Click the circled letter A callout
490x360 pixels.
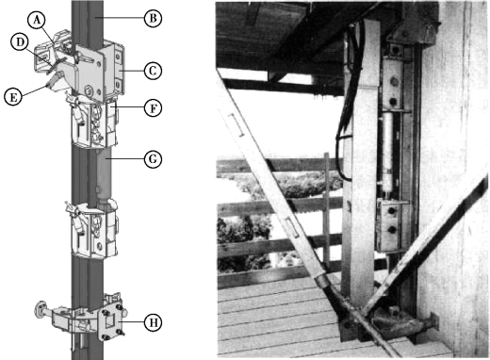(37, 21)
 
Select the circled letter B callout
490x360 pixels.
(153, 18)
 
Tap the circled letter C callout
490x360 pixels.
(153, 71)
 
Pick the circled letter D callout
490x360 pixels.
(20, 42)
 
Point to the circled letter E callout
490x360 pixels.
(13, 96)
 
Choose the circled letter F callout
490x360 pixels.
(153, 108)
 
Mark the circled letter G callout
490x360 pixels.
(153, 159)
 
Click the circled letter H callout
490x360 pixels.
(153, 321)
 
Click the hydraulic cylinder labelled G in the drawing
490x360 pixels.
(105, 176)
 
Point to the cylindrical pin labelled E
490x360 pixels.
(54, 80)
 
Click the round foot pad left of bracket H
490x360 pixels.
(40, 309)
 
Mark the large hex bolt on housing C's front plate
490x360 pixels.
(89, 90)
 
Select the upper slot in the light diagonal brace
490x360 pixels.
(237, 125)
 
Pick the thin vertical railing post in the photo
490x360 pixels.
(327, 210)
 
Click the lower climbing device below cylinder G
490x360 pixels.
(92, 230)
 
